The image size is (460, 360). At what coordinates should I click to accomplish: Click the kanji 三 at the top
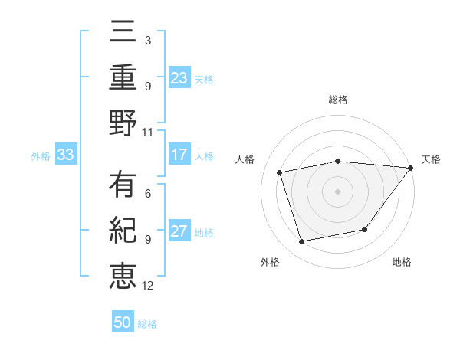point(123,33)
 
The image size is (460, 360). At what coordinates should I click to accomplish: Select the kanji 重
point(123,78)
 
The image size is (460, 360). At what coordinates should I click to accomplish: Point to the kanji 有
point(123,186)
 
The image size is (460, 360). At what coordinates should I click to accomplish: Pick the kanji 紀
point(123,231)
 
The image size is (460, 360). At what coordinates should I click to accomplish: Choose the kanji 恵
point(123,276)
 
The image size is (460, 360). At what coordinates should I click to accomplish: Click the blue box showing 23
point(179,78)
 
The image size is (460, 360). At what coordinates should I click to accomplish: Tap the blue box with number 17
point(179,155)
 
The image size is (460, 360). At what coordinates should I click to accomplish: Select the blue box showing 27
point(179,231)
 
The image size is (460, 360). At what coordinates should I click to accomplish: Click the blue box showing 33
point(65,155)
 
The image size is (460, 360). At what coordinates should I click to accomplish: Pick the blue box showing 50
point(123,322)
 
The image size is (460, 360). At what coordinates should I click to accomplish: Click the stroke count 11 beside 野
point(147,132)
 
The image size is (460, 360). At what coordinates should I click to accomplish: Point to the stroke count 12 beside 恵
point(147,285)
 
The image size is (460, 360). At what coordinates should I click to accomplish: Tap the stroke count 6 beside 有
point(147,194)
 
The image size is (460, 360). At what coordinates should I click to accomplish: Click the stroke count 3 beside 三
point(147,41)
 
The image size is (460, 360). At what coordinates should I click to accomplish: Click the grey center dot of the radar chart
point(337,191)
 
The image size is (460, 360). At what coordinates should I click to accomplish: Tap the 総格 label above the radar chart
point(337,100)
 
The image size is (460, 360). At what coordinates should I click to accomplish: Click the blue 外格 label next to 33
point(41,155)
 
